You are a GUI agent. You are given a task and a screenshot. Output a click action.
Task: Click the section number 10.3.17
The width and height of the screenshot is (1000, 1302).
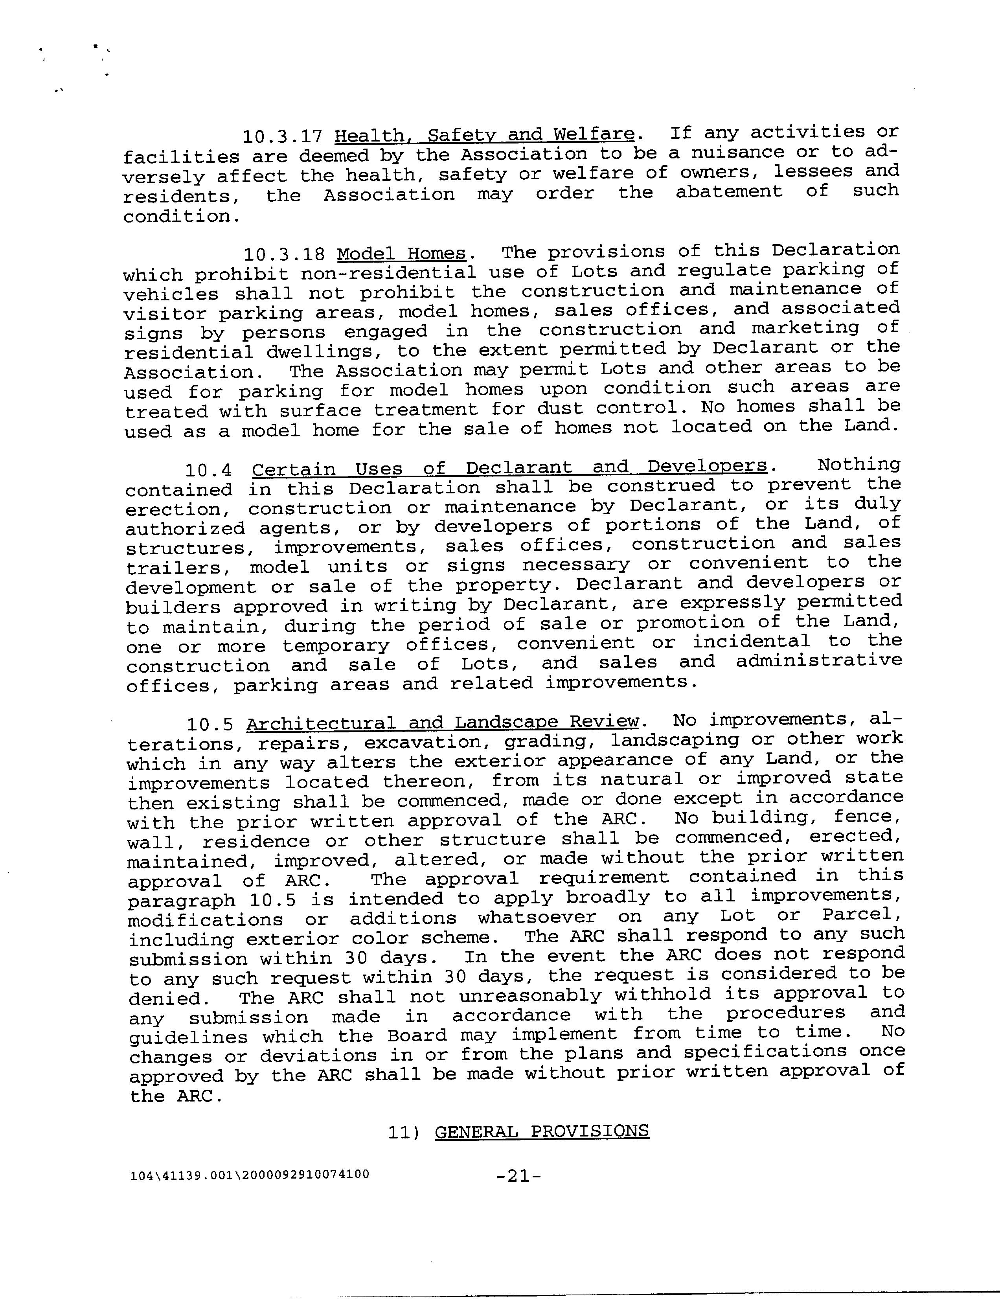(282, 136)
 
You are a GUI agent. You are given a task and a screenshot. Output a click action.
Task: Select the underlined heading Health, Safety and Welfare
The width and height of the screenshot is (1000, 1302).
(485, 135)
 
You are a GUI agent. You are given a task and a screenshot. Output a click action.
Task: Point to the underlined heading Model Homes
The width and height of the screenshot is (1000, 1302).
(401, 254)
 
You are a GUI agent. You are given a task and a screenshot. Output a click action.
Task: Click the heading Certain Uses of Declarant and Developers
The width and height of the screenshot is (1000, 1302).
(509, 468)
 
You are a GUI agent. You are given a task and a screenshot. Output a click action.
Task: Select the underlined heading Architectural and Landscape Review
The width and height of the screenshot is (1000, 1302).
(442, 723)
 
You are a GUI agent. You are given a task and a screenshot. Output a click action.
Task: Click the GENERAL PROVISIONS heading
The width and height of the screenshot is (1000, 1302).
(542, 1131)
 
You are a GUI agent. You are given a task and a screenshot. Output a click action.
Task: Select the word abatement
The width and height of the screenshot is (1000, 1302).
(728, 192)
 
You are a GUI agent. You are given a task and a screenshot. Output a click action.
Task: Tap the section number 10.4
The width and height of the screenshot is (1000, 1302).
(208, 470)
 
